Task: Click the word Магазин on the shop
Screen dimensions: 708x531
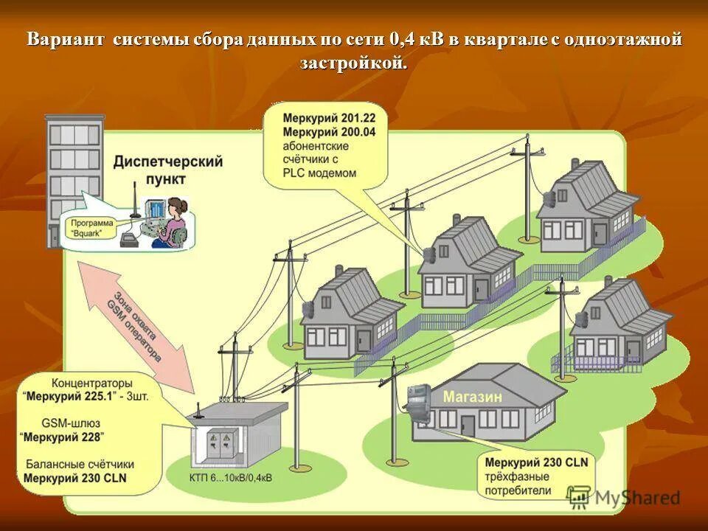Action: [473, 397]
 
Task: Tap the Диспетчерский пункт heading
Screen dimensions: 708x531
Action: [168, 170]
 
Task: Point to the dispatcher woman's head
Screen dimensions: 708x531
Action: [177, 207]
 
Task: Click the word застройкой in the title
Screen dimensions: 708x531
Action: [353, 63]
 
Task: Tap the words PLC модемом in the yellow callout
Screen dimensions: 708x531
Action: [320, 173]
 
